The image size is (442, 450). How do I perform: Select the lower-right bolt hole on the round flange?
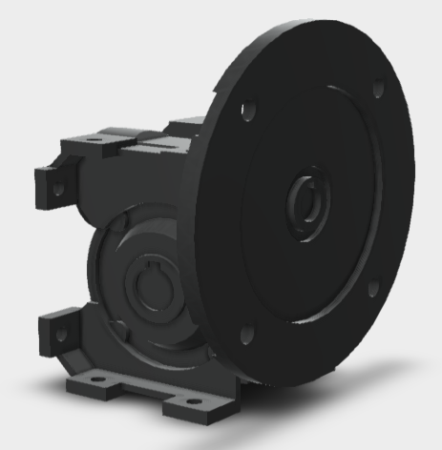coord(373,288)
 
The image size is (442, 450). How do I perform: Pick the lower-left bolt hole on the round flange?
coord(247,333)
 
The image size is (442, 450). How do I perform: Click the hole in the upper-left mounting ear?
coord(56,188)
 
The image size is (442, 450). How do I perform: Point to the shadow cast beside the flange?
coord(382,367)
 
